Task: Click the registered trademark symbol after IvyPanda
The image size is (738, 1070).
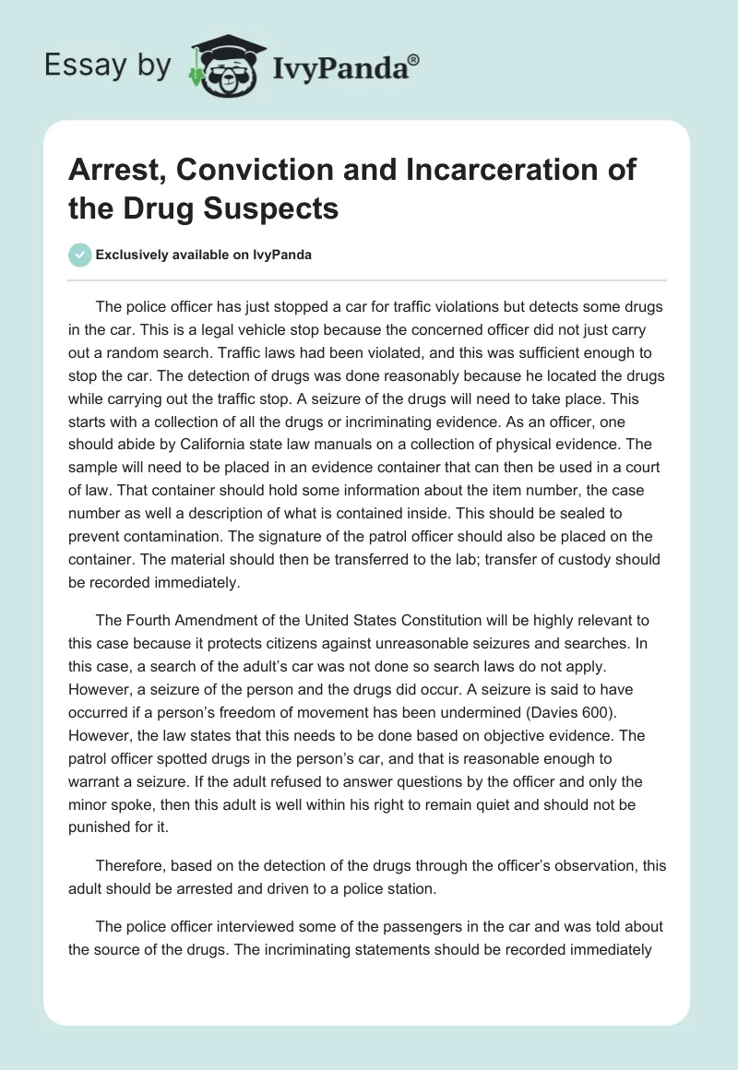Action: pos(414,60)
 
